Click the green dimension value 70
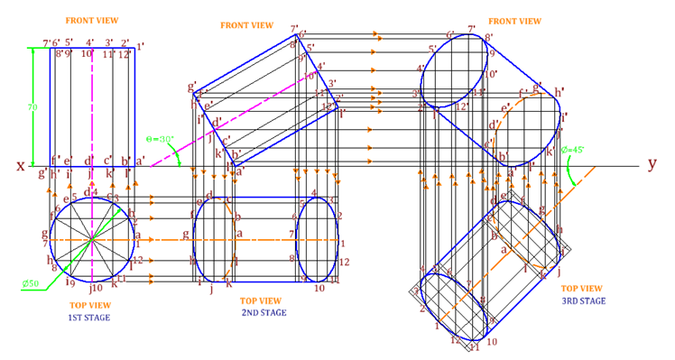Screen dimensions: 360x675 click(x=32, y=107)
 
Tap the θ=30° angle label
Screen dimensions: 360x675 click(x=159, y=139)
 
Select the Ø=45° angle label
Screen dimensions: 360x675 click(x=572, y=150)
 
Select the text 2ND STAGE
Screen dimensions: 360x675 click(x=264, y=312)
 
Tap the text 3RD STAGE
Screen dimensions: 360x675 click(x=583, y=300)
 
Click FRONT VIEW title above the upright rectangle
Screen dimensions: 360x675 click(x=92, y=20)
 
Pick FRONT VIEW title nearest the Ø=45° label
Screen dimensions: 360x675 click(x=514, y=20)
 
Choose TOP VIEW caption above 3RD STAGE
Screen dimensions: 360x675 click(x=583, y=289)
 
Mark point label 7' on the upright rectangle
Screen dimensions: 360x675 click(x=47, y=43)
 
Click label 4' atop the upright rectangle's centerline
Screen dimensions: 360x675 click(x=90, y=42)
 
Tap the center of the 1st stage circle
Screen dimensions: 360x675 click(x=92, y=240)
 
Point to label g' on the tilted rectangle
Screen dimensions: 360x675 click(x=192, y=87)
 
